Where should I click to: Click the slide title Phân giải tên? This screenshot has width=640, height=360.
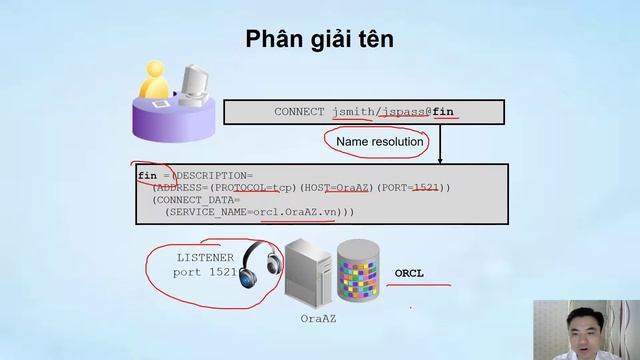pyautogui.click(x=320, y=40)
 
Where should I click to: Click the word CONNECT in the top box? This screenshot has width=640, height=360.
pyautogui.click(x=299, y=112)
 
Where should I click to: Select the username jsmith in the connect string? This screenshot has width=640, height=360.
pyautogui.click(x=352, y=112)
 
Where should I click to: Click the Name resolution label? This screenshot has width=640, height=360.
pyautogui.click(x=380, y=143)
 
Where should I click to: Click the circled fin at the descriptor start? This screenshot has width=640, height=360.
pyautogui.click(x=147, y=175)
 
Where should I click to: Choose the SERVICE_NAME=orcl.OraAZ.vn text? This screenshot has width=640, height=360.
pyautogui.click(x=255, y=212)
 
